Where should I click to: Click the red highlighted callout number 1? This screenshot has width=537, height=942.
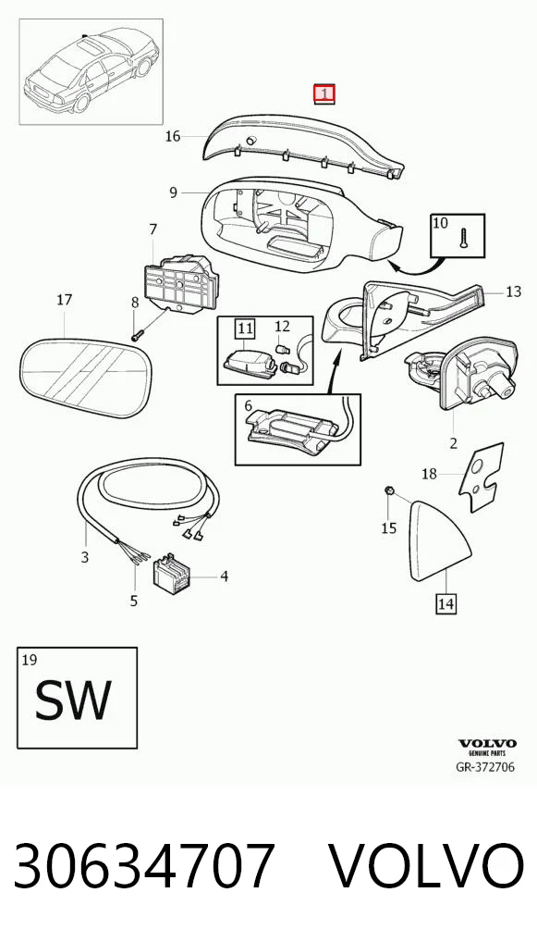[324, 94]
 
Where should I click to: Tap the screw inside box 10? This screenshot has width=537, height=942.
[463, 238]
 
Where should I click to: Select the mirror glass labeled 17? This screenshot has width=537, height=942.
[85, 378]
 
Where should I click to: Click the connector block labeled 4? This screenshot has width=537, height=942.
[173, 573]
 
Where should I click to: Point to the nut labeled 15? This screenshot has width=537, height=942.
[388, 491]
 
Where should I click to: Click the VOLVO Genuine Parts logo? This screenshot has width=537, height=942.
[486, 748]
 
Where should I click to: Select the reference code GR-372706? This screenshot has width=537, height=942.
[485, 766]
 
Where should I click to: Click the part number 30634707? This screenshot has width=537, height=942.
[144, 865]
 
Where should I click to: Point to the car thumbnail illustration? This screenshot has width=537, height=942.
[92, 71]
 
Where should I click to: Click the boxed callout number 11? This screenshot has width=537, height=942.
[245, 328]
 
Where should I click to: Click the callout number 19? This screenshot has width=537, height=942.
[29, 661]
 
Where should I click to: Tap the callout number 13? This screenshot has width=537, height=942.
[513, 291]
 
